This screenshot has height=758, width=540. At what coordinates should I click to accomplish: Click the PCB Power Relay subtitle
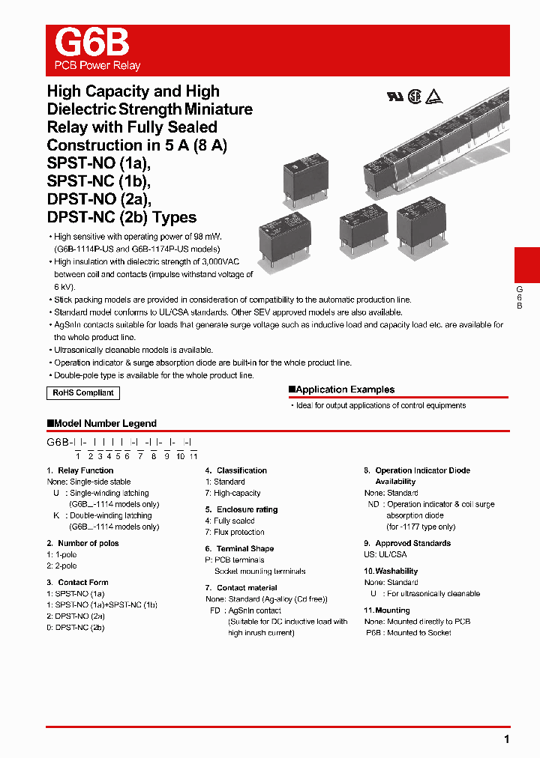click(97, 65)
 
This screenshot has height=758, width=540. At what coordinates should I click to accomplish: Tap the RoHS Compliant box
click(83, 392)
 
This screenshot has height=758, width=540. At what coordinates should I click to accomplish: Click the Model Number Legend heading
click(102, 423)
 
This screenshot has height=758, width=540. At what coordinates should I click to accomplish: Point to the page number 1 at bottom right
click(507, 739)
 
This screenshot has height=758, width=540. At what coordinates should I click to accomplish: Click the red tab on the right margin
click(526, 265)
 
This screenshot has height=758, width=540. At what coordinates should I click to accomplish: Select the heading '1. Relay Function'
click(80, 470)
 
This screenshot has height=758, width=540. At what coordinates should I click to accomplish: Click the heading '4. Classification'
click(236, 470)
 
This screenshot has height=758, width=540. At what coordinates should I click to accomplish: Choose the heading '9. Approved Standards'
click(407, 543)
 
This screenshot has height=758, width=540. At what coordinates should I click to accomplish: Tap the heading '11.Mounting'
click(387, 610)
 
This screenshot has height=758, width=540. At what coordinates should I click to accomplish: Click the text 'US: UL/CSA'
click(385, 554)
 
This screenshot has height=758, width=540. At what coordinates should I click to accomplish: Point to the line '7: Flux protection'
click(235, 532)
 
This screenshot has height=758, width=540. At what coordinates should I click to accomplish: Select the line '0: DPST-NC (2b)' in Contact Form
click(76, 627)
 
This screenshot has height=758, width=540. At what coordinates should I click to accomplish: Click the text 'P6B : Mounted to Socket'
click(408, 633)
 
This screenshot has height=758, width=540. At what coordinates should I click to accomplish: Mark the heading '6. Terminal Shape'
click(239, 548)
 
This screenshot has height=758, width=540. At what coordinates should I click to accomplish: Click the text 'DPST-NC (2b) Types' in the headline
click(121, 217)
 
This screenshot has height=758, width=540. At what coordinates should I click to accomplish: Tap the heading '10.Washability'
click(391, 571)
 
